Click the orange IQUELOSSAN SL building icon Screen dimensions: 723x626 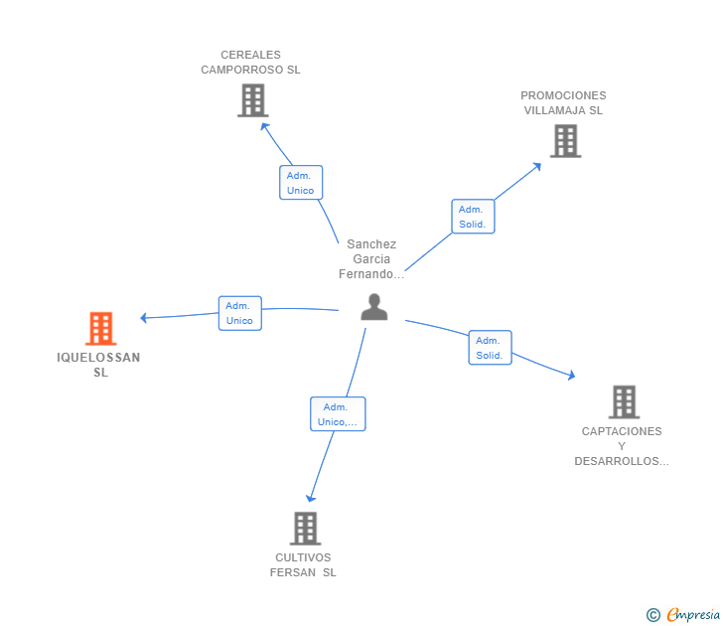coord(101,329)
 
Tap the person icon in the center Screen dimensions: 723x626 coord(374,307)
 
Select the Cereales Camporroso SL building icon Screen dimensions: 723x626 coord(253,100)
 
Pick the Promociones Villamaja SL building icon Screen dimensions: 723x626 coord(566,141)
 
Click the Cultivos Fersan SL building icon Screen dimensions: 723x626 coord(305,529)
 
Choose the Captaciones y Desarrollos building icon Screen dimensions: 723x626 coord(624,401)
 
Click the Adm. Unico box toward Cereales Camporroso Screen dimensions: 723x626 coord(301,183)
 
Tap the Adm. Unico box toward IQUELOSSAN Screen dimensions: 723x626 coord(239,313)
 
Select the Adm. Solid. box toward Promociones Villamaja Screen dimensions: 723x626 coord(473,217)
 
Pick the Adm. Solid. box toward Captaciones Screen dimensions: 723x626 coord(490,348)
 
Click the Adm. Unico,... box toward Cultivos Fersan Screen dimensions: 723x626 coord(338,413)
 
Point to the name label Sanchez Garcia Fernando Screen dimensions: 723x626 coord(371,258)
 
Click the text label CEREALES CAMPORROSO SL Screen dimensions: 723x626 coord(250,63)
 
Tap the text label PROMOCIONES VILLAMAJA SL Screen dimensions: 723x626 coord(563,103)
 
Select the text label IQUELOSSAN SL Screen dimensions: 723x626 coord(98,365)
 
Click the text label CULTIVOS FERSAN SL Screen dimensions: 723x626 coord(303,564)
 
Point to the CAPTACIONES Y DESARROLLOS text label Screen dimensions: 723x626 coord(621,446)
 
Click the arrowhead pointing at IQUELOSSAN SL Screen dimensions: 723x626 coord(143,318)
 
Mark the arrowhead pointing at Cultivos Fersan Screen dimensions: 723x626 coord(310,498)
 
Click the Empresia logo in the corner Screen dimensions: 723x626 coord(683,614)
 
